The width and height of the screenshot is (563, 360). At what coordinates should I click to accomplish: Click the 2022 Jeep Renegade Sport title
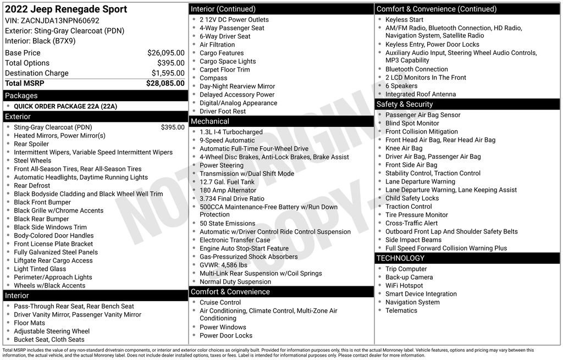point(66,9)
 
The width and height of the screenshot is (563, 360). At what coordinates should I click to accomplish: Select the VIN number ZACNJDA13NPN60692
point(60,20)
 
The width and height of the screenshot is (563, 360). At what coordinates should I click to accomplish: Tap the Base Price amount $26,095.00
point(165,53)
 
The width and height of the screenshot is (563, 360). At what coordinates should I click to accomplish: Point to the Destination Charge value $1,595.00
point(168,73)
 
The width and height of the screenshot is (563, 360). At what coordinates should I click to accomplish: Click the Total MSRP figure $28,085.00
point(165,84)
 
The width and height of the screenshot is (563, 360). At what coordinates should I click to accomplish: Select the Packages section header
point(21,96)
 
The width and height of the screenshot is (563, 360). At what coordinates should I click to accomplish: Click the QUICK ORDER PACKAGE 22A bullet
point(65,107)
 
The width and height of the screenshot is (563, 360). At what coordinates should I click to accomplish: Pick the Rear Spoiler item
point(31,144)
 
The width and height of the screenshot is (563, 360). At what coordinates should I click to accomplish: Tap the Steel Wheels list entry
point(32,160)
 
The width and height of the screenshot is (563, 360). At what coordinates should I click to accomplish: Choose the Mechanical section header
point(209,121)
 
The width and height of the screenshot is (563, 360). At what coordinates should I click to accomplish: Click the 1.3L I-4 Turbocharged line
point(231,132)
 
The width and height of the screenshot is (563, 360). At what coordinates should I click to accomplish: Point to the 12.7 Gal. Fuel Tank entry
point(227,182)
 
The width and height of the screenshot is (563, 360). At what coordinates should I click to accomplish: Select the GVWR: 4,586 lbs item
point(223,265)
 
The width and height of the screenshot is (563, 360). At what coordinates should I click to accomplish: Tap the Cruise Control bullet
point(220,302)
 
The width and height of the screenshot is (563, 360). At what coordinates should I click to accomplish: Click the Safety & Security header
point(405,104)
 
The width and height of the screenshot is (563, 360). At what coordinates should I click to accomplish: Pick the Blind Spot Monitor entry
point(412,123)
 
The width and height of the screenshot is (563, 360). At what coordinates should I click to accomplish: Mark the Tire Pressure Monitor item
point(417,215)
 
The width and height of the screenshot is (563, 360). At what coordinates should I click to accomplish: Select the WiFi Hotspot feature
point(404,286)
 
